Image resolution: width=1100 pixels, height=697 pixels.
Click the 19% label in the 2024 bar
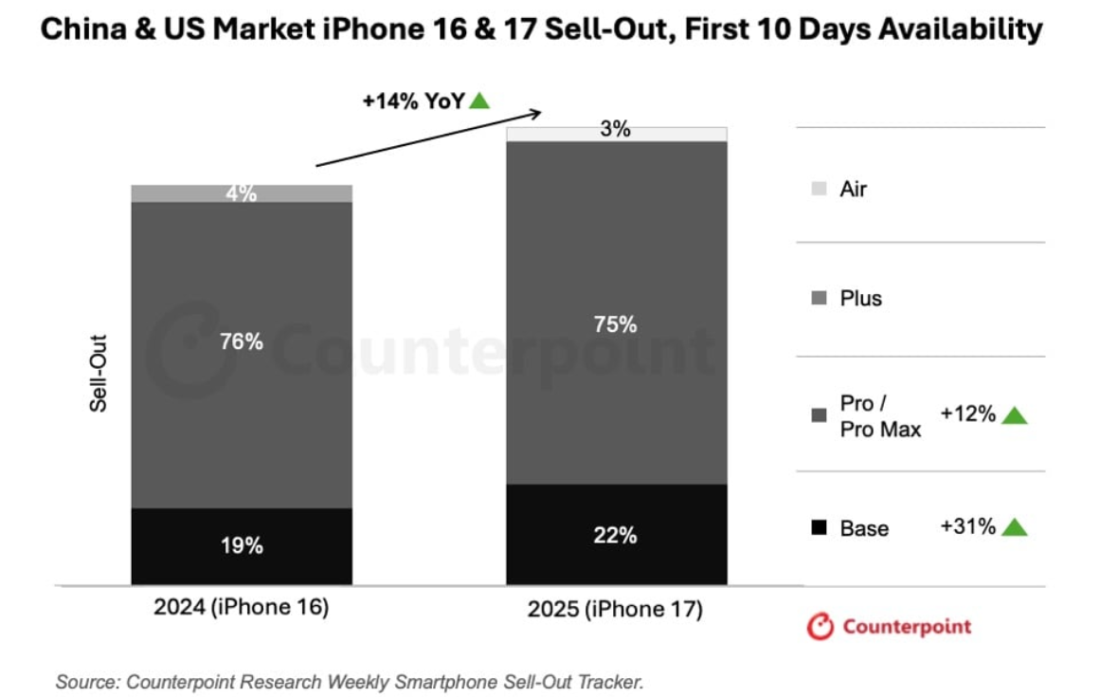click(241, 546)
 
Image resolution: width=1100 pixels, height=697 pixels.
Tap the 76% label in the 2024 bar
click(241, 342)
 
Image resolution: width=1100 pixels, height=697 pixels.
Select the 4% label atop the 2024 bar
click(241, 193)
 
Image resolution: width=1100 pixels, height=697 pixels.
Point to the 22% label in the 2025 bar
click(616, 536)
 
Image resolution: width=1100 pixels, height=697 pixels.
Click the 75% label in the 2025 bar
click(616, 324)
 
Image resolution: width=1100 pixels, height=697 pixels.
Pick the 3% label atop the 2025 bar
click(616, 131)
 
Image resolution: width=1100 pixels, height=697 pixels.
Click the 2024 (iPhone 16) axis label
click(241, 608)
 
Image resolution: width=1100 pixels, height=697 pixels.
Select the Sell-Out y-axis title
click(99, 373)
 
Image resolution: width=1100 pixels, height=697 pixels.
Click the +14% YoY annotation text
click(414, 101)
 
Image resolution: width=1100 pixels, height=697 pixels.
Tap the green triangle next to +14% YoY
click(479, 101)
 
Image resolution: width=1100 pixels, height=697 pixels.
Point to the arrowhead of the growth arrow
click(535, 114)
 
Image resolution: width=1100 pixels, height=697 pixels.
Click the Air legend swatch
click(820, 189)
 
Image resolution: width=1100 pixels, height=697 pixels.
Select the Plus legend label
click(860, 299)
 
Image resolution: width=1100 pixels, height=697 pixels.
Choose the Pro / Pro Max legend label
click(880, 416)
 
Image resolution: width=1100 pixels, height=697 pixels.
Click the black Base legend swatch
click(820, 528)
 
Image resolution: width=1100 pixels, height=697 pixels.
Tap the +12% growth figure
click(967, 414)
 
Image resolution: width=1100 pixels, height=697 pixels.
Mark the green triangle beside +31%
click(1014, 527)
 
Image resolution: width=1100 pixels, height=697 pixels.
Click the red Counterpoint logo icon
click(820, 627)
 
